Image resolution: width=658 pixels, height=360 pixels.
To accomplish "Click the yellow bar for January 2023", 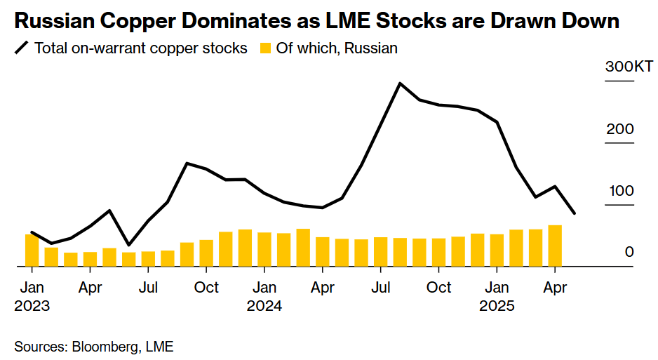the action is click(x=32, y=250).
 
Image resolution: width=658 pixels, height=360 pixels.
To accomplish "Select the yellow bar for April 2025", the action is click(x=555, y=246).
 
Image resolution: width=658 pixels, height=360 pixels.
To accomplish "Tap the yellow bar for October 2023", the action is click(x=206, y=253).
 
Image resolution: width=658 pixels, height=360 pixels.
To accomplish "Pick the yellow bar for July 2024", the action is click(x=381, y=252).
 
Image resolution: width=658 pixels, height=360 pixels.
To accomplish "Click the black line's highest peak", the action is click(x=400, y=83).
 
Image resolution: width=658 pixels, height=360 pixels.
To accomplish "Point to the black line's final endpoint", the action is click(x=574, y=213).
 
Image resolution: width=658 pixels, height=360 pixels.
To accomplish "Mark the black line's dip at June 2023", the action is click(x=129, y=245).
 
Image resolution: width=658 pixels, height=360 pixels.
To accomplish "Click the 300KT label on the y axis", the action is click(x=629, y=67).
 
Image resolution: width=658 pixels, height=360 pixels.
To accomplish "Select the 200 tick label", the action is click(x=620, y=129).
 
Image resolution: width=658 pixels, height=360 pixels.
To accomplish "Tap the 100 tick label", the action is click(x=622, y=191).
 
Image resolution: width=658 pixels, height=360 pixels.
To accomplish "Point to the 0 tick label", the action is click(x=629, y=252).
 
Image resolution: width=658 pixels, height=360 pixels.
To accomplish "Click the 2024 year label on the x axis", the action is click(x=264, y=306).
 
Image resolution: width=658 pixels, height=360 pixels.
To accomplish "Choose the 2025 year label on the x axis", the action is click(x=497, y=306).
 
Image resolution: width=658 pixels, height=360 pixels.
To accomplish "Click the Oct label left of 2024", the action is click(x=206, y=288).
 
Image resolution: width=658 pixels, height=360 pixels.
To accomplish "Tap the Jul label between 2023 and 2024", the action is click(x=148, y=288).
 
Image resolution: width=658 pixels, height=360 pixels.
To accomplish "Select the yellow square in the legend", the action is click(x=265, y=48).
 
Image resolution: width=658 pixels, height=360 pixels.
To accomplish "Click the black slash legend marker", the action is click(x=22, y=48).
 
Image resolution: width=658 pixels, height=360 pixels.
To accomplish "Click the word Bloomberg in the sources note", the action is click(x=105, y=347).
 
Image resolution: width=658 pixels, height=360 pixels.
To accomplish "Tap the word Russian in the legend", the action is click(x=370, y=48).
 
